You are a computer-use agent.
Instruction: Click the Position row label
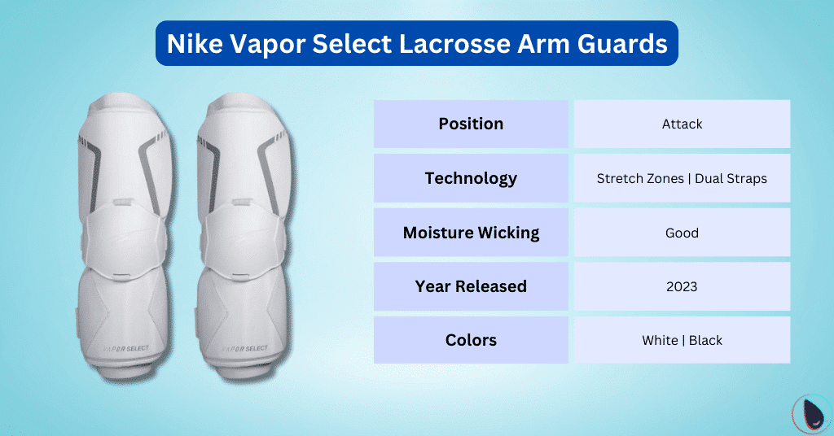[471, 124]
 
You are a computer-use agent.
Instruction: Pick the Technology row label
[471, 178]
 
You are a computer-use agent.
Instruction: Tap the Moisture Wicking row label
[471, 233]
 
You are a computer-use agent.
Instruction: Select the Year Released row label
[471, 286]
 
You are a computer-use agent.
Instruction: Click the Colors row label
[471, 340]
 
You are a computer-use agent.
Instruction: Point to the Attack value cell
[682, 124]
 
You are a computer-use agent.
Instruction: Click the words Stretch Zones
[639, 178]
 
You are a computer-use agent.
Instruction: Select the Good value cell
[682, 233]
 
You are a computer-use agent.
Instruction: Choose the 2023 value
[682, 286]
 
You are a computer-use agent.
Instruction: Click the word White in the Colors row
[660, 340]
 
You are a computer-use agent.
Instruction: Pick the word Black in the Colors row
[705, 340]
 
